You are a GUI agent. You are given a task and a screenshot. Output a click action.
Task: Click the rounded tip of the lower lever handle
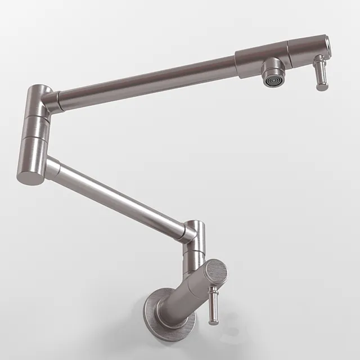214,321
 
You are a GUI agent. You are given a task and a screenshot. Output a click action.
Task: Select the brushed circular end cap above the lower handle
215,272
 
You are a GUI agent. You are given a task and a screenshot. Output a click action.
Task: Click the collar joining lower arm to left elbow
52,168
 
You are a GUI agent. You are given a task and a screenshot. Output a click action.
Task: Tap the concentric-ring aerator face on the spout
273,81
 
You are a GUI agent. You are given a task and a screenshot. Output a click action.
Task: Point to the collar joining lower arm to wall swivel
184,232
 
